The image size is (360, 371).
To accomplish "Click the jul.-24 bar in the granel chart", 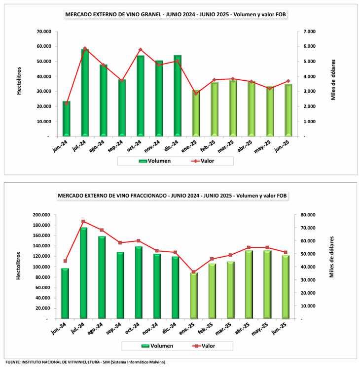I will (x=85, y=93).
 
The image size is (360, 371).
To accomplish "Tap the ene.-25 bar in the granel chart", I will (x=196, y=113).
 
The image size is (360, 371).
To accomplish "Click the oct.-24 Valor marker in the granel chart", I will (x=141, y=50).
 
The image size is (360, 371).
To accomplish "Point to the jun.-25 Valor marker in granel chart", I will (x=288, y=81).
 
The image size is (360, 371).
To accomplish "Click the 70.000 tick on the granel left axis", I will (x=44, y=32).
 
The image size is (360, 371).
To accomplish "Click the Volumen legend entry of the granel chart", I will (x=155, y=161).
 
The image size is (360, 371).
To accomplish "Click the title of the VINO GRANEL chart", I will (x=176, y=15).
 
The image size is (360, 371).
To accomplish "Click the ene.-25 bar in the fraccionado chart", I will (x=194, y=296).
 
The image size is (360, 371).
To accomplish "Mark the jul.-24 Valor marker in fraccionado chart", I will (x=83, y=221).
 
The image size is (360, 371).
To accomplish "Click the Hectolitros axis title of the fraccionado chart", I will (x=18, y=266).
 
